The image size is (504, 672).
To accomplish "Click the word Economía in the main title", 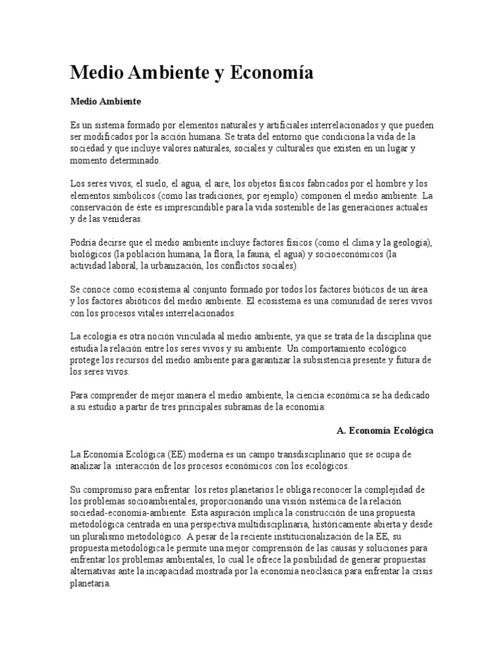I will (x=262, y=73).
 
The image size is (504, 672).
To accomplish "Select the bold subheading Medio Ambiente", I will (x=106, y=102).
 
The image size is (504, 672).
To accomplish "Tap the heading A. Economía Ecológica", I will (x=385, y=431).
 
